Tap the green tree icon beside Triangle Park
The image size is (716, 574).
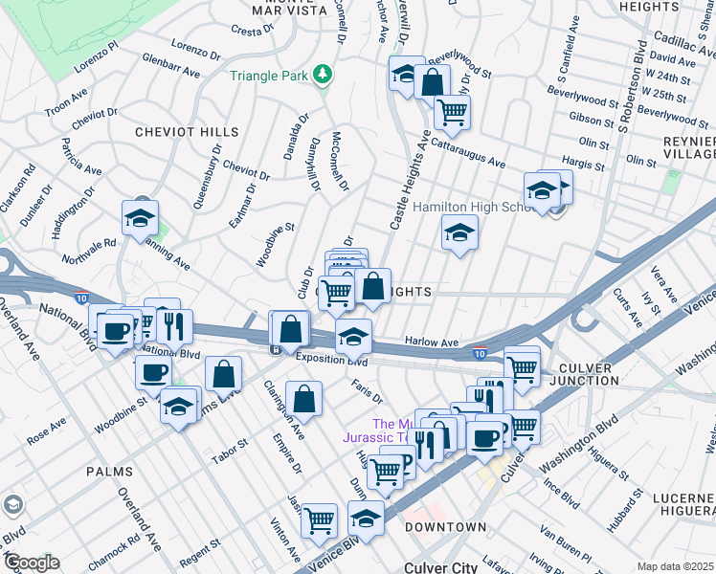pos(324,74)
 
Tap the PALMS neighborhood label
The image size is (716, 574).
pos(109,472)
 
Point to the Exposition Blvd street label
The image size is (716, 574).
pos(331,360)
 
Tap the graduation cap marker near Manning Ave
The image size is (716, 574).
pos(141,220)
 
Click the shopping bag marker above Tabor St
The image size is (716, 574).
pos(223,376)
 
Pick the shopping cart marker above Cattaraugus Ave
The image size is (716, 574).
pos(452,113)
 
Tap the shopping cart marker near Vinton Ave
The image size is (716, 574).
pos(320,520)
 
